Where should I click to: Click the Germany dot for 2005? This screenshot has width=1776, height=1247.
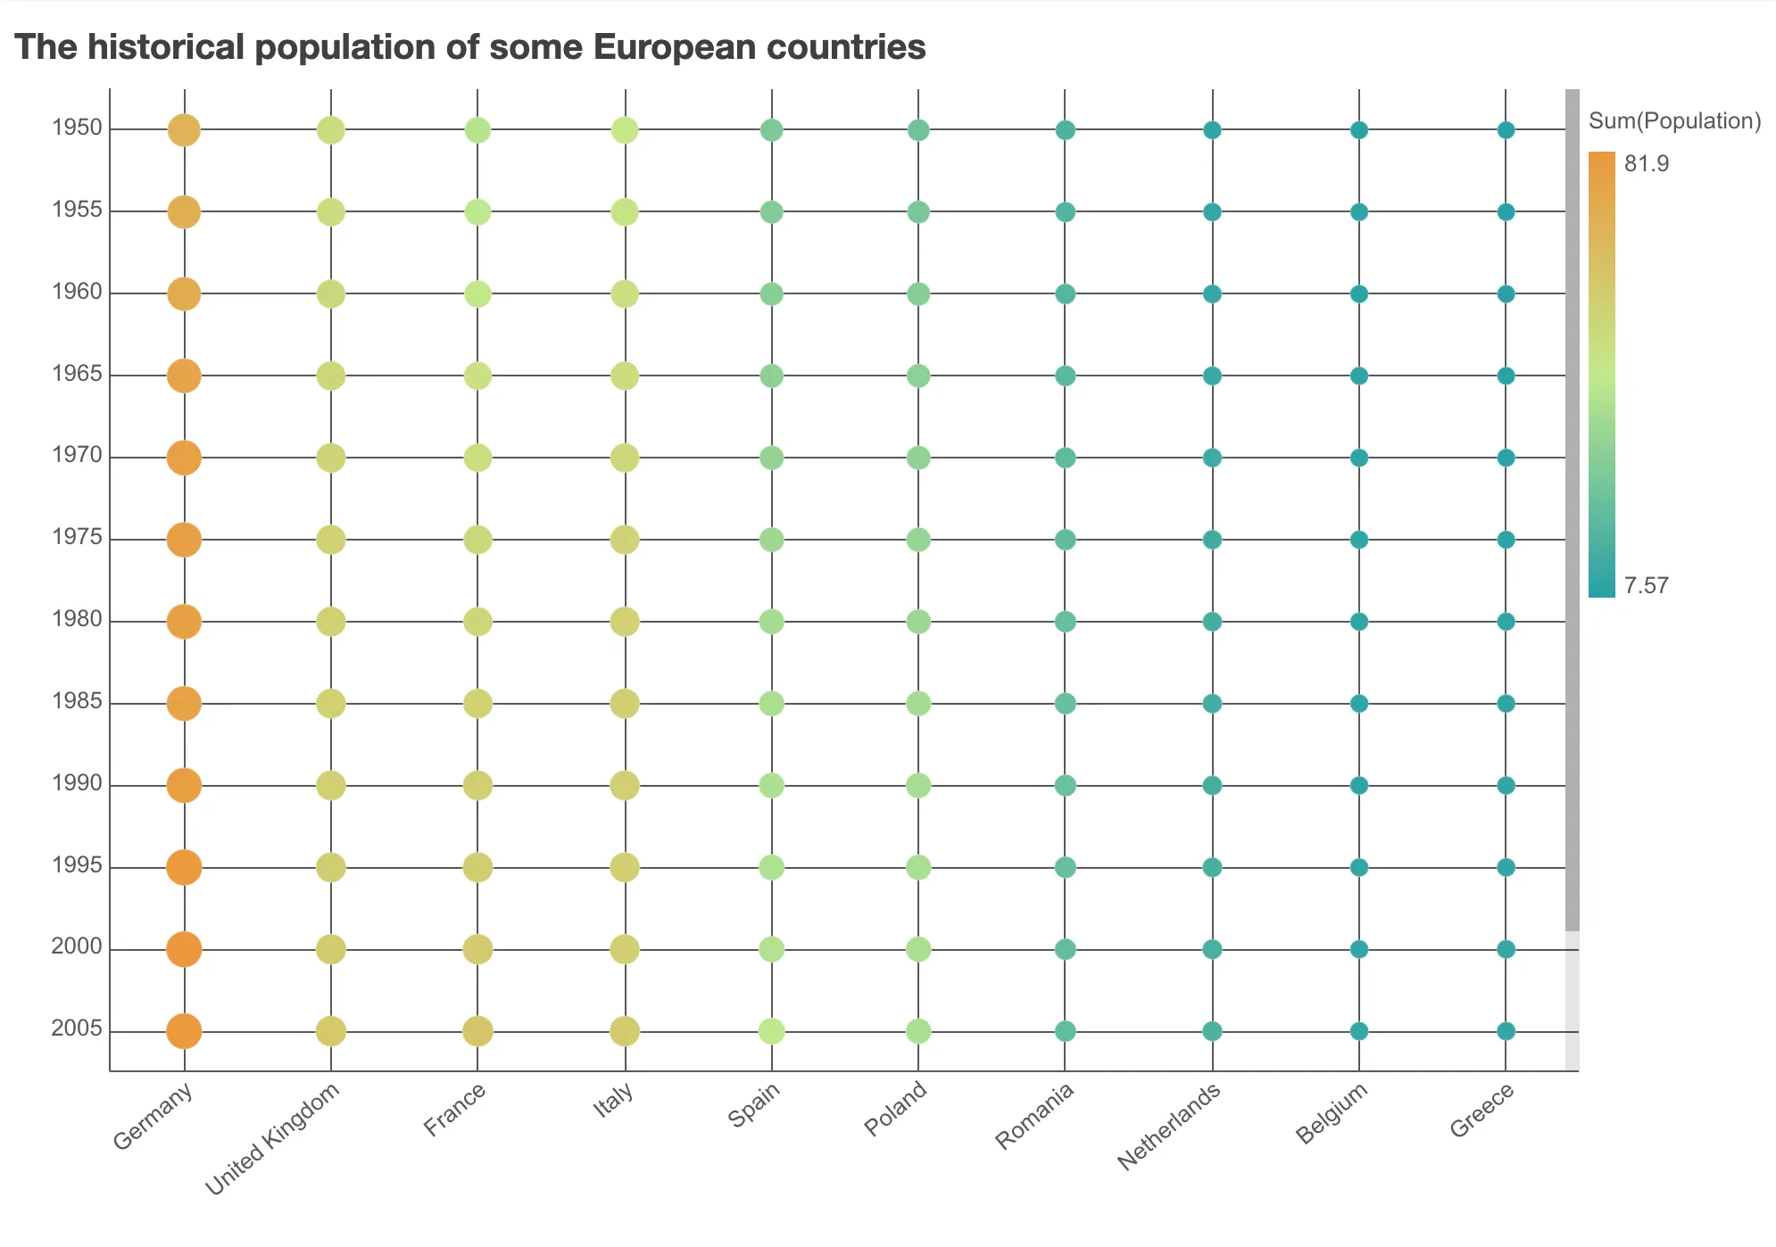tap(184, 1031)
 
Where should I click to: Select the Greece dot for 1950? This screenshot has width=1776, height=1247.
tap(1506, 130)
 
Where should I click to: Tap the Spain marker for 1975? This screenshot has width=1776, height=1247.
tap(771, 540)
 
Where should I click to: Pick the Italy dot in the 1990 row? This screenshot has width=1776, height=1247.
tap(625, 786)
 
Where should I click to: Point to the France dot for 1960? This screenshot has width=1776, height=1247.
tap(477, 293)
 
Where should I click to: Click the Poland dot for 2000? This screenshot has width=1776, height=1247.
tap(918, 949)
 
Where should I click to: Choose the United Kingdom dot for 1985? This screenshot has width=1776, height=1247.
tap(331, 704)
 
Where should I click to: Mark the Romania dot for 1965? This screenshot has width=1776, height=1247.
tap(1065, 376)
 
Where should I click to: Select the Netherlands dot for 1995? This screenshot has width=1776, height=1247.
tap(1212, 867)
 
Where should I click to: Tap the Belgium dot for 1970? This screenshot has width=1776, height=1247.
tap(1359, 458)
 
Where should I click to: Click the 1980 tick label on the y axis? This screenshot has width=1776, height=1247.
tap(77, 620)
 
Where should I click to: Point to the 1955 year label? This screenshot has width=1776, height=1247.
tap(77, 211)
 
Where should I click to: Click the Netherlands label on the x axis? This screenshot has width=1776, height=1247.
tap(1169, 1127)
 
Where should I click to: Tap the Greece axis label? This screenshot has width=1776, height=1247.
tap(1482, 1110)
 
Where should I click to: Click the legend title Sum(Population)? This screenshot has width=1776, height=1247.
tap(1675, 121)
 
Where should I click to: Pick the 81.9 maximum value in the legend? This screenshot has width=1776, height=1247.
tap(1647, 163)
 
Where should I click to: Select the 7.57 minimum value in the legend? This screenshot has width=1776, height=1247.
tap(1647, 586)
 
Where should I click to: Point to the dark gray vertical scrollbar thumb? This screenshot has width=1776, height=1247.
tap(1573, 508)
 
